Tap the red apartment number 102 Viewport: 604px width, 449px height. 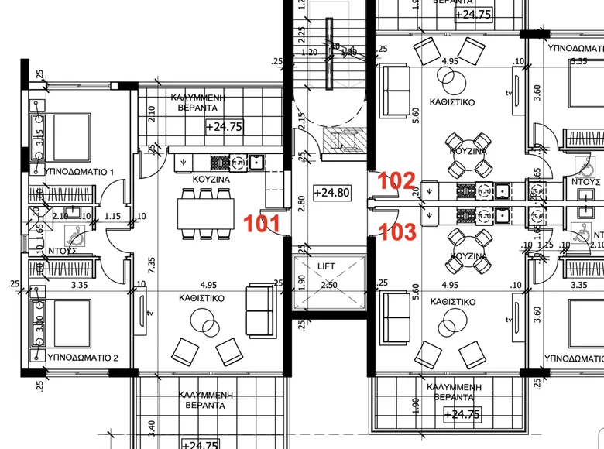pyautogui.click(x=396, y=181)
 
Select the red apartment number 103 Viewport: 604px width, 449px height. pyautogui.click(x=396, y=231)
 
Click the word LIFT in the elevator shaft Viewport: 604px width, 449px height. pyautogui.click(x=329, y=266)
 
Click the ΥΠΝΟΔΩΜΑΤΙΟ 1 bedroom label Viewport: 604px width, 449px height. pyautogui.click(x=81, y=171)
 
